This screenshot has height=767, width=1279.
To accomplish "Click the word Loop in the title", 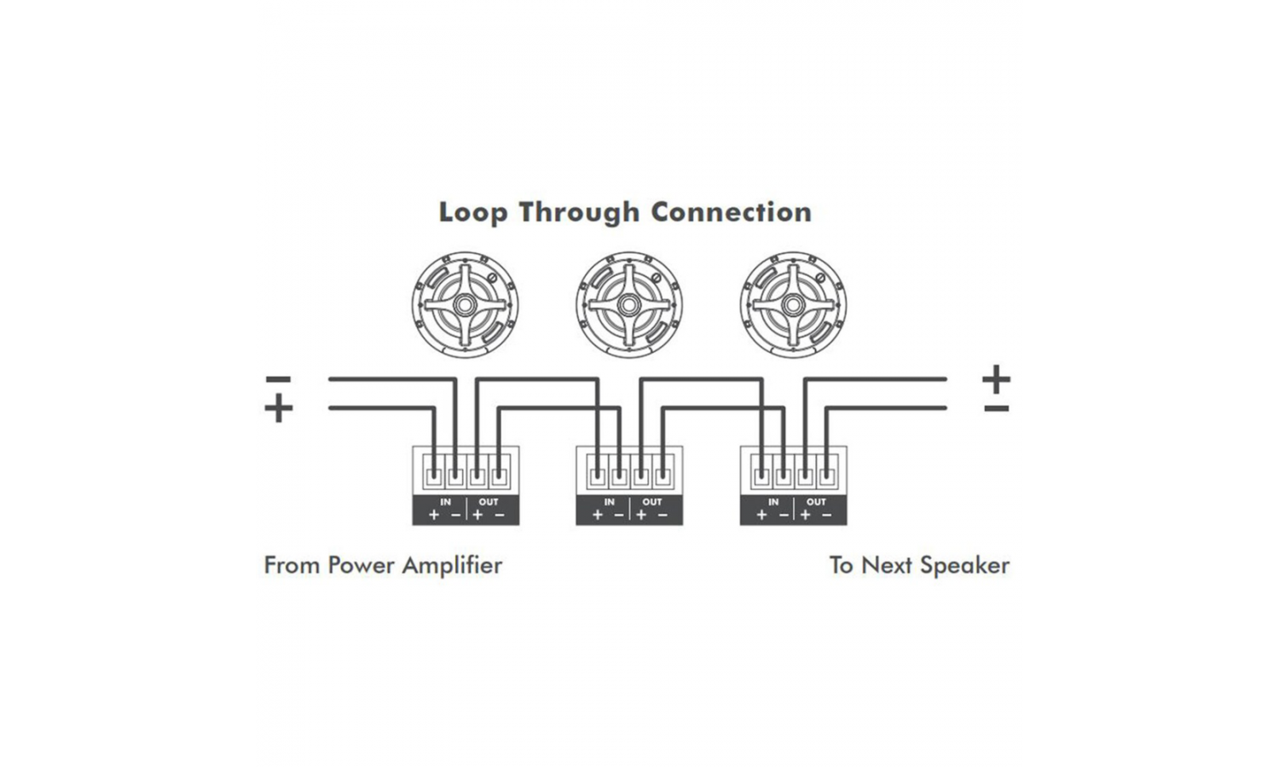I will (x=472, y=212).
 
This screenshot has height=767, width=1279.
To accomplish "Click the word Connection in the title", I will (x=731, y=212).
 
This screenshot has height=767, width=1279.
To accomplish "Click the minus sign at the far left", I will (x=278, y=379).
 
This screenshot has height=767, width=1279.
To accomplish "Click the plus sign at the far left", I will (x=278, y=408).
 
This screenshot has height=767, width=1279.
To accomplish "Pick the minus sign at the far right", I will (x=996, y=408).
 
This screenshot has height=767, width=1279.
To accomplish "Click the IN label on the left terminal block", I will (x=445, y=502).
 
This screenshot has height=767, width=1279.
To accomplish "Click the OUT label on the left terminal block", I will (x=489, y=502).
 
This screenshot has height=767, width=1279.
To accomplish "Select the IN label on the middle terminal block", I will (x=609, y=502).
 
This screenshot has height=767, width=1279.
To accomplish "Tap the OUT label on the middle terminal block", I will (x=652, y=502).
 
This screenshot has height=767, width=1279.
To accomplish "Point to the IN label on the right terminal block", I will (x=773, y=502).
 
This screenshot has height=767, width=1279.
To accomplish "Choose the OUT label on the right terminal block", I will (x=816, y=502).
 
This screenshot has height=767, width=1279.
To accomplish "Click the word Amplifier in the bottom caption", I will (x=452, y=566).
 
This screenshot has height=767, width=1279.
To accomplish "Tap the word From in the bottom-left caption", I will (x=292, y=565).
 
